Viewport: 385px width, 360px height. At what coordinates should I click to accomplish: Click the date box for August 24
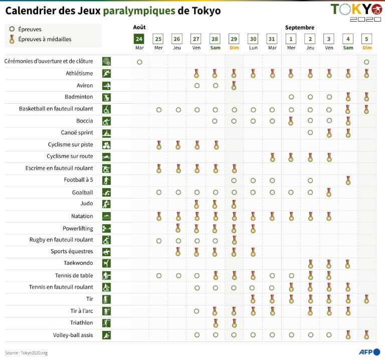(139, 39)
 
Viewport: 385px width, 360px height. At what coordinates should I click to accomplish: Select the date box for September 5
(366, 39)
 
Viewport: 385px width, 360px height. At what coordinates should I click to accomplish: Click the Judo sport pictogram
(106, 204)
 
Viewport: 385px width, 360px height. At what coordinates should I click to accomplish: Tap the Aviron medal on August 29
(234, 85)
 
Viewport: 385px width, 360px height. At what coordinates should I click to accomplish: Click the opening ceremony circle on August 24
(139, 62)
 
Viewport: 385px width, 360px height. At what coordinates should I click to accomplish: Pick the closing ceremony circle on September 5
(366, 62)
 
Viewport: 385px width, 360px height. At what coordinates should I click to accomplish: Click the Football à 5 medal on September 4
(348, 181)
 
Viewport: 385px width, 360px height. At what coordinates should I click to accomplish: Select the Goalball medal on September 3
(329, 193)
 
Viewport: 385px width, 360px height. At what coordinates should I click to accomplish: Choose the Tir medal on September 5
(366, 299)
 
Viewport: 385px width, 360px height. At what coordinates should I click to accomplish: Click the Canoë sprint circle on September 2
(310, 133)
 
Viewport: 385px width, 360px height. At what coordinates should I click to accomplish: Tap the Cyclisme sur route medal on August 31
(272, 157)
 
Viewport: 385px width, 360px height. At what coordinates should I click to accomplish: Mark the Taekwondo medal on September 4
(348, 264)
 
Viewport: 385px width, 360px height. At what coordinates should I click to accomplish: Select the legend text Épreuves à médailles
(45, 39)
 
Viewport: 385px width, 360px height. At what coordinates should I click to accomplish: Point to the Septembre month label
(300, 28)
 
